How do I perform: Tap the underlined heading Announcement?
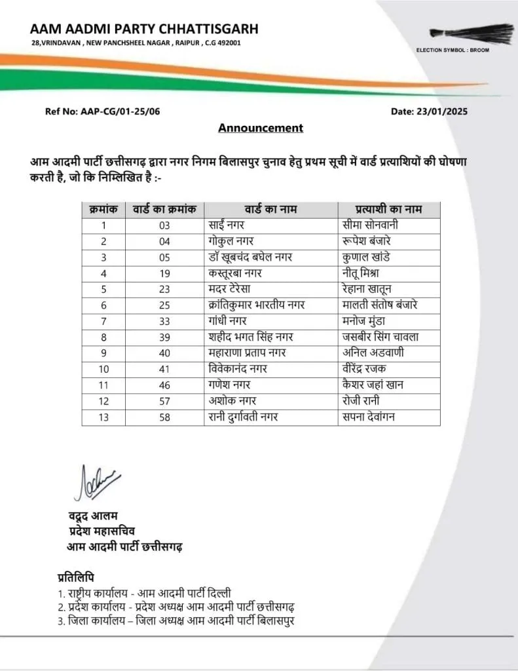point(261,128)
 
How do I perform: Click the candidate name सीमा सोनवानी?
point(371,225)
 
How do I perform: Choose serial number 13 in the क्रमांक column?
point(103,417)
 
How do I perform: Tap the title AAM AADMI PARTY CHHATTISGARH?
point(144,29)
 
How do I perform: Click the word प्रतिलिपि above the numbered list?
point(76,578)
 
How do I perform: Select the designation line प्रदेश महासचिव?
point(103,530)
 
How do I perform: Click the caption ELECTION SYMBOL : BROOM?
point(453,50)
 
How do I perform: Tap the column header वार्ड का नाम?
point(271,210)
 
